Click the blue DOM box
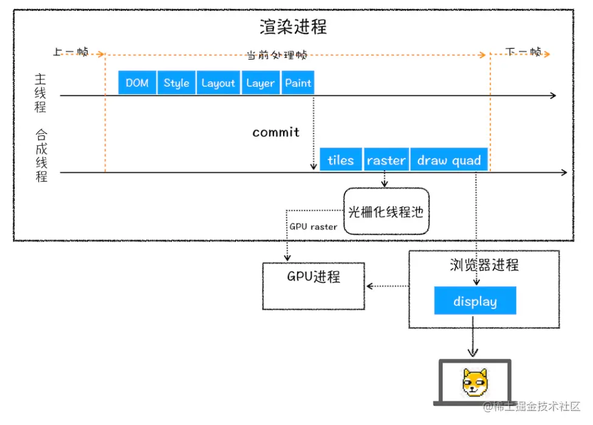[137, 83]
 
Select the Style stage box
[176, 83]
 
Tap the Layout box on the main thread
[218, 83]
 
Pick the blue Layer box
[260, 83]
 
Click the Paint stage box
[298, 83]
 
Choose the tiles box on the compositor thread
[340, 160]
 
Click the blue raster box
[386, 160]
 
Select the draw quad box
[449, 160]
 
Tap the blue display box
[475, 301]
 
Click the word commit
[276, 132]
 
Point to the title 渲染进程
[293, 27]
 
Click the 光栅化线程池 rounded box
[386, 211]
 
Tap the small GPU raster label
[313, 226]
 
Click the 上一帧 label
[70, 52]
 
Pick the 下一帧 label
[523, 52]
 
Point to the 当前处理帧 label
[277, 55]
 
